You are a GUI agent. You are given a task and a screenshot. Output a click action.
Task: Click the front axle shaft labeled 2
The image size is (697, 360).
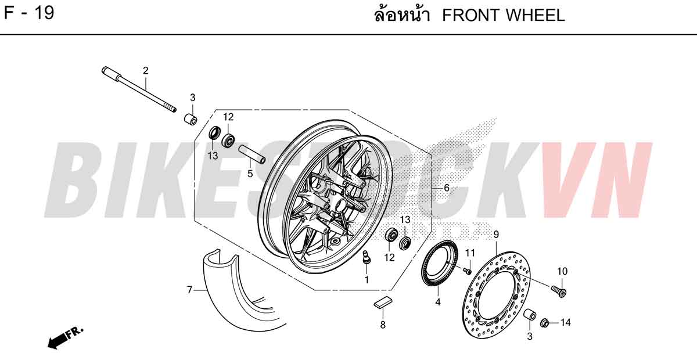coord(139,89)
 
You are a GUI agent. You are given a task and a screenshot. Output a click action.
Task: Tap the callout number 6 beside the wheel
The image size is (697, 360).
coord(447,188)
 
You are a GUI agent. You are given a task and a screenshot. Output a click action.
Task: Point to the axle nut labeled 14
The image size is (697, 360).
coord(545,323)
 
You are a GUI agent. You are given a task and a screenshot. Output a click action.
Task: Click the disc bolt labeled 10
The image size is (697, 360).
coord(559,291)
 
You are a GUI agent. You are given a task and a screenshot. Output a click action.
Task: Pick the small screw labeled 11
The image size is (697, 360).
coord(467,271)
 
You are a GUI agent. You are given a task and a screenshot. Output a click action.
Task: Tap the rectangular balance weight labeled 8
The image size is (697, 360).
coord(383,303)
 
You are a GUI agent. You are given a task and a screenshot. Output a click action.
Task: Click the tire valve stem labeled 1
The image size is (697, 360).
coord(367,258)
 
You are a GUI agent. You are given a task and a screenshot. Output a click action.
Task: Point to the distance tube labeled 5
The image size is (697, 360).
coord(252,154)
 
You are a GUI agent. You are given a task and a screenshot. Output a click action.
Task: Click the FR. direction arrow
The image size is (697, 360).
coord(65,338)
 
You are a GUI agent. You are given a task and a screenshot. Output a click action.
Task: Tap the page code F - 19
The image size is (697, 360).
coord(29,14)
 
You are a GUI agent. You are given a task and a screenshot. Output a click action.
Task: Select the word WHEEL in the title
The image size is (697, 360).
coord(534,15)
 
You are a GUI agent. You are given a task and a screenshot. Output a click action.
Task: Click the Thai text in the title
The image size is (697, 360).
coord(403,15)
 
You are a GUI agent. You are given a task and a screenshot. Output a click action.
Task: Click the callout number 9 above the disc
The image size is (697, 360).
coord(496,235)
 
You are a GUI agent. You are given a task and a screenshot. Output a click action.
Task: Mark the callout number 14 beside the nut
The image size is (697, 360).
coord(565,323)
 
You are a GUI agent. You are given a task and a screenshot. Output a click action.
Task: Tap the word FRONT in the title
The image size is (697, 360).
coord(469,15)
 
